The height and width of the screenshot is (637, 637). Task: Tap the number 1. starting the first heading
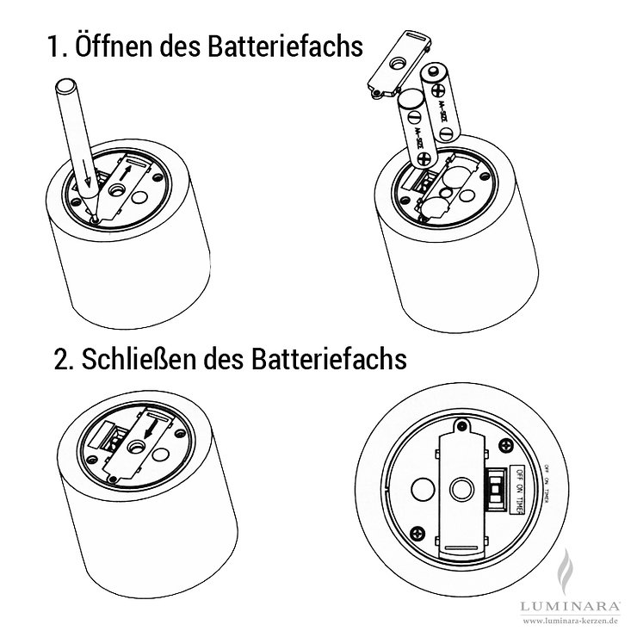click(x=59, y=47)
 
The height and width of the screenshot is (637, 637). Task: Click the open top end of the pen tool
click(x=66, y=86)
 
